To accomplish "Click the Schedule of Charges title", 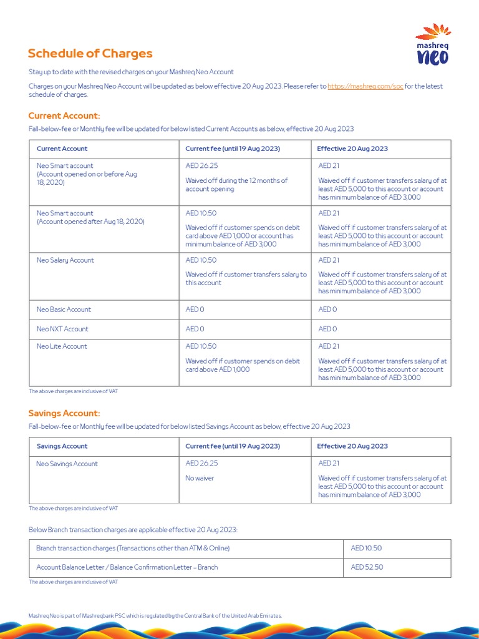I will coord(90,54).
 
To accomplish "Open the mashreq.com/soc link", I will coord(365,86).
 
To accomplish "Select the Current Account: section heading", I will coord(64,115).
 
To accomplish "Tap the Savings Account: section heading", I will coord(64,413).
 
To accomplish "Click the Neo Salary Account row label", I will coord(65,260).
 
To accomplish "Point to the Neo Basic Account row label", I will coord(64,310).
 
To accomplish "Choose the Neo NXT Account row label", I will coord(62,329).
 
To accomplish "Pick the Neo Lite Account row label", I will coord(62,346).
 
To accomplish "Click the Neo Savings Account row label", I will coord(67,464).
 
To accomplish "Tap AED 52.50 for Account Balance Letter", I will coord(367,567).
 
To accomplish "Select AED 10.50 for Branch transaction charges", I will coord(366,548).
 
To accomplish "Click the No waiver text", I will coord(200,478).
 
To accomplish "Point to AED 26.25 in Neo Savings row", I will coord(201,463).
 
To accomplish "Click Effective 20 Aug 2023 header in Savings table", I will coord(352,446).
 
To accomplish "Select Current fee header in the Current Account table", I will coord(233,149).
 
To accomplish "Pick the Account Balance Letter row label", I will coord(127,567).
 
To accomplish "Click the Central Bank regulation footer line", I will coord(155,616).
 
